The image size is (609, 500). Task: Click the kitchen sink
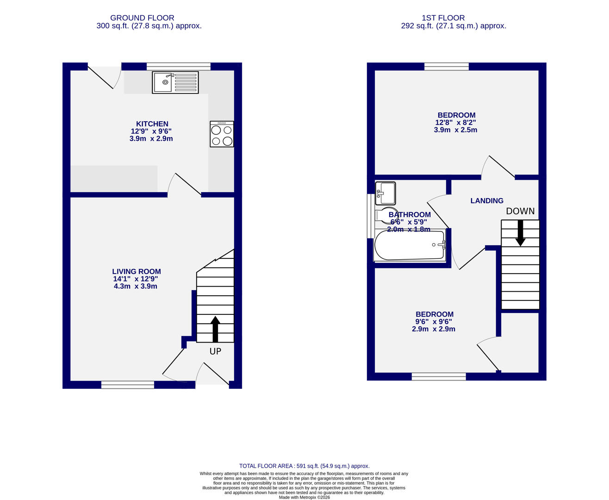[175, 82]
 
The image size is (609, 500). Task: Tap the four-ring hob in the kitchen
[222, 134]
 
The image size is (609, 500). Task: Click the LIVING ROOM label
[136, 272]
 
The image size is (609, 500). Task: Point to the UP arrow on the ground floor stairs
[215, 328]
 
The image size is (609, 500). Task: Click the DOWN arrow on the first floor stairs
[520, 233]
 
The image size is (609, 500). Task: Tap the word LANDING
[486, 200]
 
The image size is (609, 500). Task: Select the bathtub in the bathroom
[410, 245]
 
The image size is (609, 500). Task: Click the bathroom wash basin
[385, 193]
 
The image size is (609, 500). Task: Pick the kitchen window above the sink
[179, 66]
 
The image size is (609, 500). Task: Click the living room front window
[128, 384]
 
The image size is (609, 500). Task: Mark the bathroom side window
[370, 216]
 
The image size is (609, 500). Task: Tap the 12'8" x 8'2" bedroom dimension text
[455, 123]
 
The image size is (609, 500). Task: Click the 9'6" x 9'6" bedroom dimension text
[434, 322]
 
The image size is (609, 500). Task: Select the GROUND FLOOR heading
[142, 18]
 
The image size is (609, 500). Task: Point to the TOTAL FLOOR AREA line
[304, 466]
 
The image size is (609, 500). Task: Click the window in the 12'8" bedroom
[447, 66]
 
